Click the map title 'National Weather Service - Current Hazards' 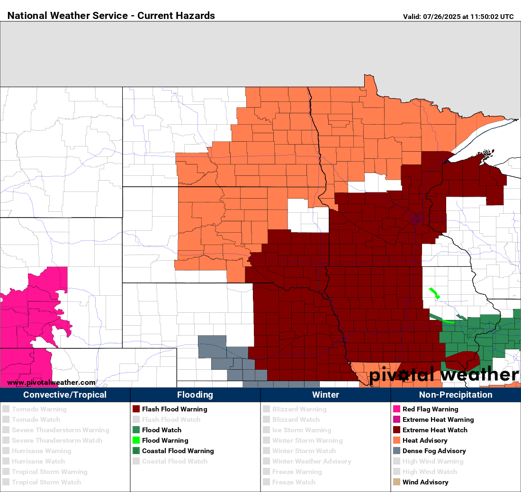(x=111, y=16)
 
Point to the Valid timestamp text (x=458, y=17)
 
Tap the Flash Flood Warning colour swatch (x=136, y=409)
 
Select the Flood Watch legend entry (x=162, y=430)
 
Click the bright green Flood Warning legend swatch (x=136, y=440)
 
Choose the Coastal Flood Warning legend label (x=178, y=451)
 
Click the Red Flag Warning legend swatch (x=396, y=409)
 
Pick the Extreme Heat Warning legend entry (x=438, y=419)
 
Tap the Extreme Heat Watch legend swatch (x=396, y=430)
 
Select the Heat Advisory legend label (x=424, y=440)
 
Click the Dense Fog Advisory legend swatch (x=396, y=451)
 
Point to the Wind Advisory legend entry (x=425, y=482)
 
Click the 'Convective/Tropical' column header (x=65, y=395)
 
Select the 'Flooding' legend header (x=195, y=395)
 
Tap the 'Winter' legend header (x=325, y=395)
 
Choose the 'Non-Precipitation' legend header (x=456, y=395)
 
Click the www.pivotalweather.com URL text (x=51, y=383)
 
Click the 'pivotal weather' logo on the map (x=444, y=375)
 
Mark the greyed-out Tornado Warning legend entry (x=39, y=409)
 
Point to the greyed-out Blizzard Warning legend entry (x=299, y=409)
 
